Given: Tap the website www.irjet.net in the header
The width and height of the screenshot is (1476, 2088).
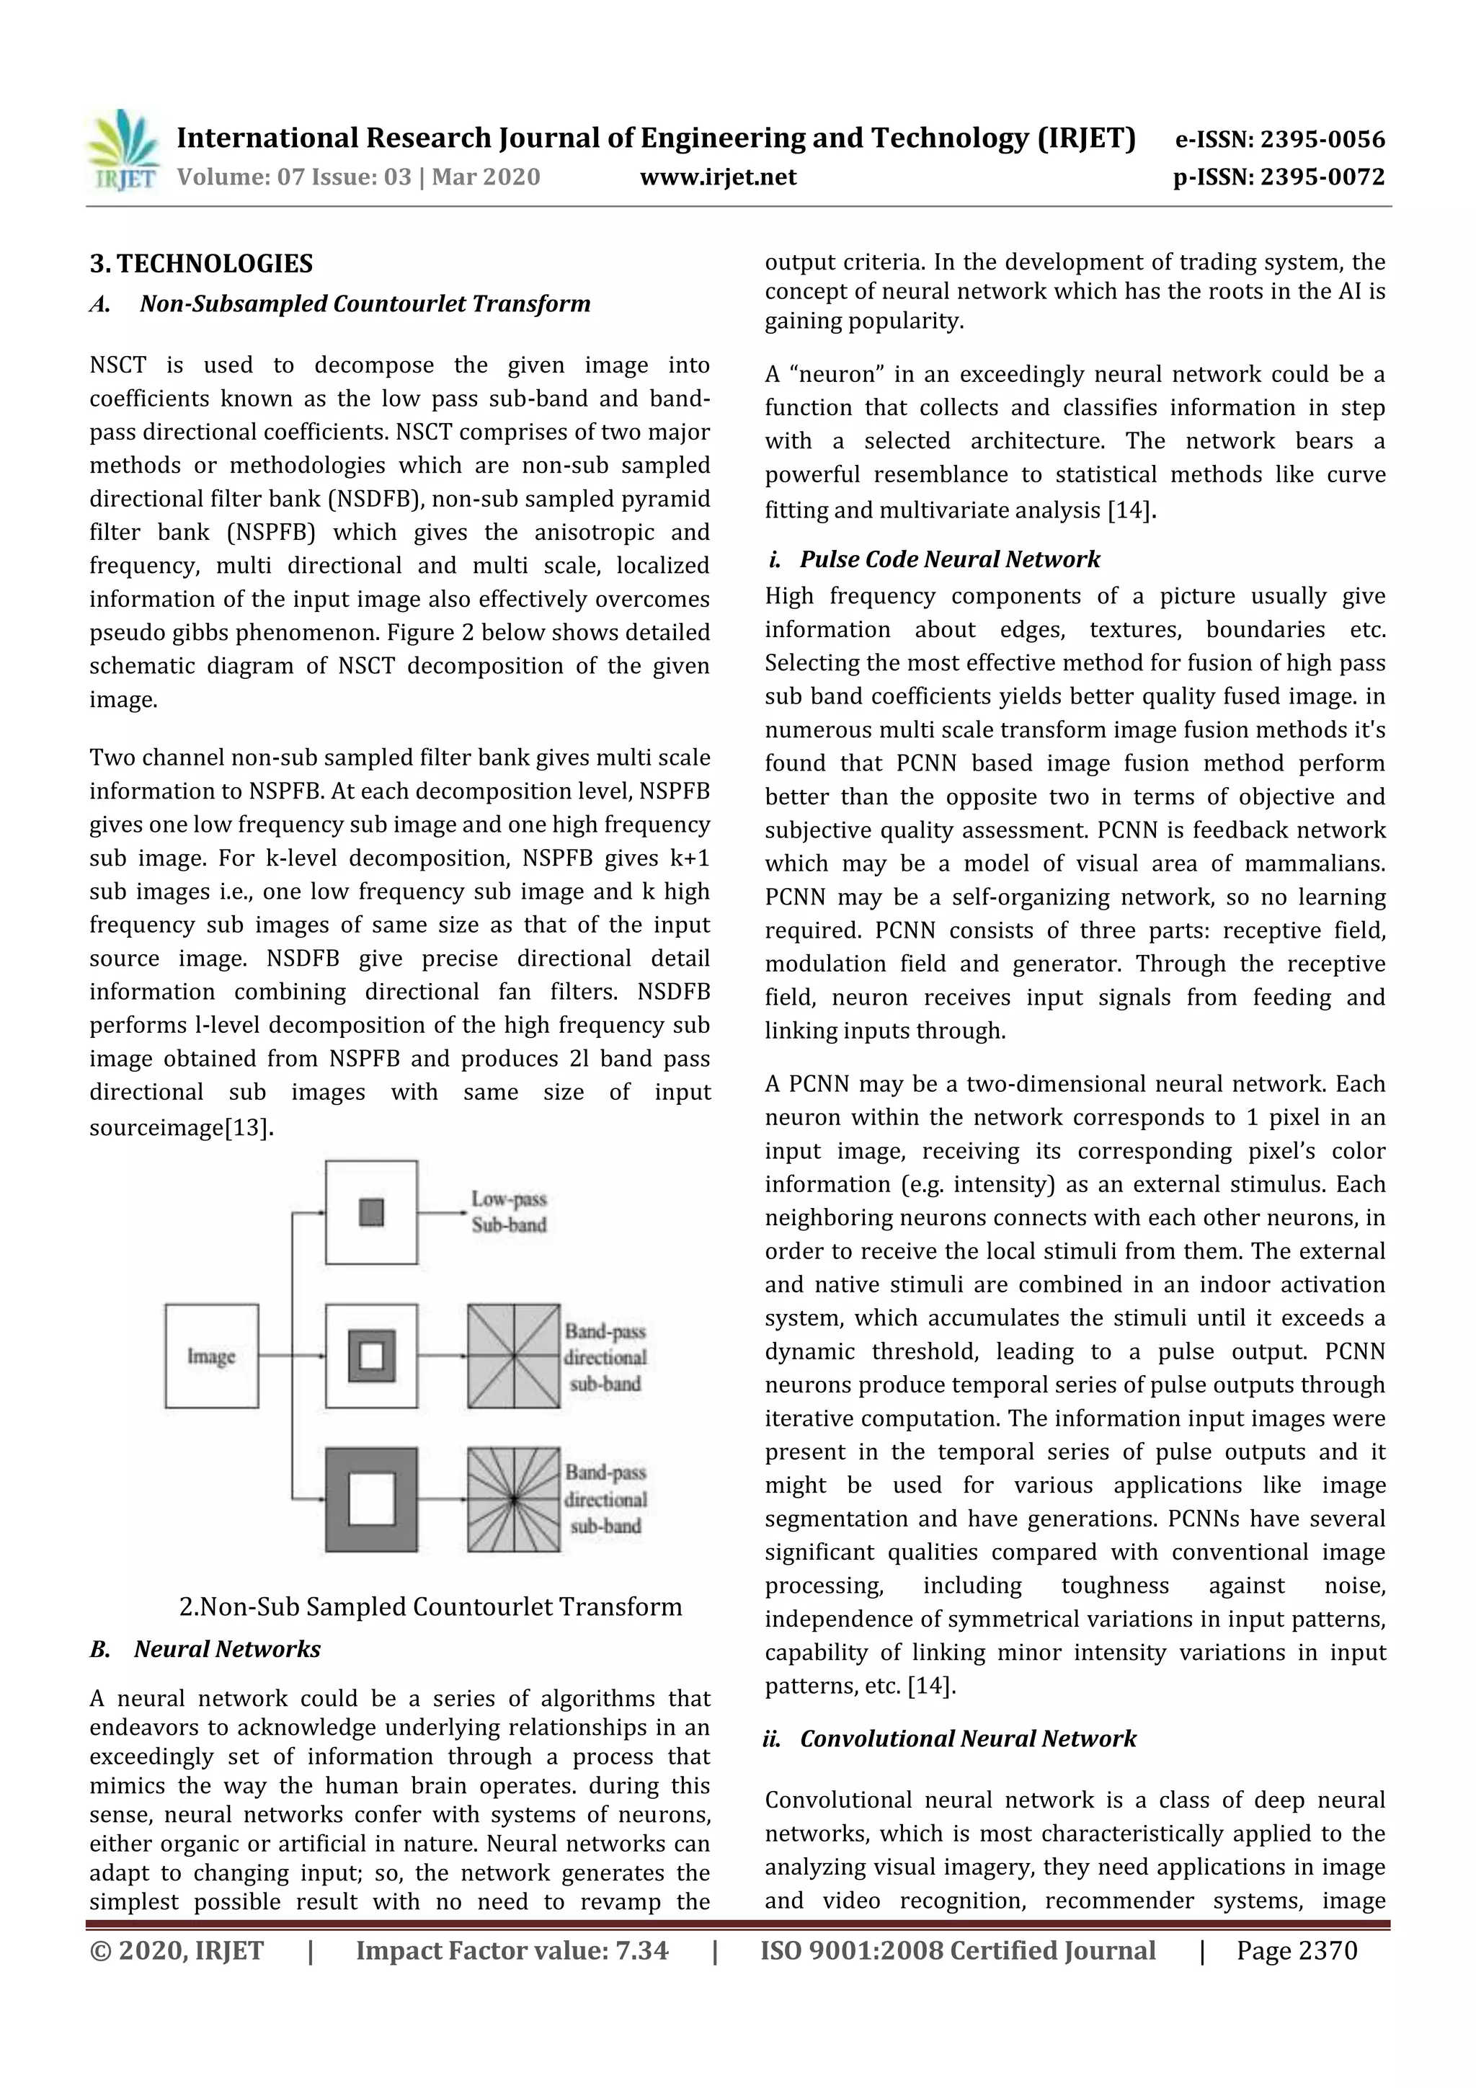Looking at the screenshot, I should [x=718, y=177].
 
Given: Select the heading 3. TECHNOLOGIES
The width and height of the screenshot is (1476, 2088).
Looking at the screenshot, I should [x=201, y=264].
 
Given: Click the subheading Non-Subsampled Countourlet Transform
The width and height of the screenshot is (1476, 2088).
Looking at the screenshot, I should [x=365, y=303].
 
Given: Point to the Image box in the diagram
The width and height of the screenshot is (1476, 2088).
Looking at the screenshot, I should [x=211, y=1355].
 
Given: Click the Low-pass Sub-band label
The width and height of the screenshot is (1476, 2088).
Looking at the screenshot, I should [x=508, y=1212].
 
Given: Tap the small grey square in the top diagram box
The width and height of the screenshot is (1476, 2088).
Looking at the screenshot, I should [x=371, y=1212].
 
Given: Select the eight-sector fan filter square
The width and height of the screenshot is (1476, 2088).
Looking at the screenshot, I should [x=514, y=1355].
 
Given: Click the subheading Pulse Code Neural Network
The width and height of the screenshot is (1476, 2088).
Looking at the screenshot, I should [x=949, y=559].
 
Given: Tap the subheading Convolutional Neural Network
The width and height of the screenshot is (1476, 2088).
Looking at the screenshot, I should [x=968, y=1738].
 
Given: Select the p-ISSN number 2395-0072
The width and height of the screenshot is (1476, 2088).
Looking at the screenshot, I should [x=1321, y=177].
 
